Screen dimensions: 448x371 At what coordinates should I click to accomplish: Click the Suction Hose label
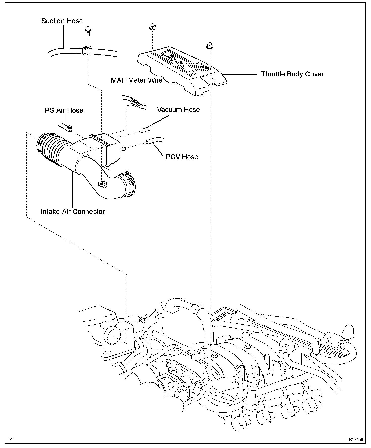tap(62, 21)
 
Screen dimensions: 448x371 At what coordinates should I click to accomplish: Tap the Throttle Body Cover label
tap(292, 74)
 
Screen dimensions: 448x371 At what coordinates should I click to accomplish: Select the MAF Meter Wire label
tap(137, 80)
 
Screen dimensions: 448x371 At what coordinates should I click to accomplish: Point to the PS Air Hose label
tap(64, 110)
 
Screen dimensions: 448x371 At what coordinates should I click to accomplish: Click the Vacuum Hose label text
tap(178, 110)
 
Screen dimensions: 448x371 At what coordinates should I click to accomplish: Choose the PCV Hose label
tap(182, 157)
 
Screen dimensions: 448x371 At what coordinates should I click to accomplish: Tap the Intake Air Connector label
tap(73, 211)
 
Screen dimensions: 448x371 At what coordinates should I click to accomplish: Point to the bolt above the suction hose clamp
tap(88, 30)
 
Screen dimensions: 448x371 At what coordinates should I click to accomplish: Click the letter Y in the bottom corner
tap(11, 440)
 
